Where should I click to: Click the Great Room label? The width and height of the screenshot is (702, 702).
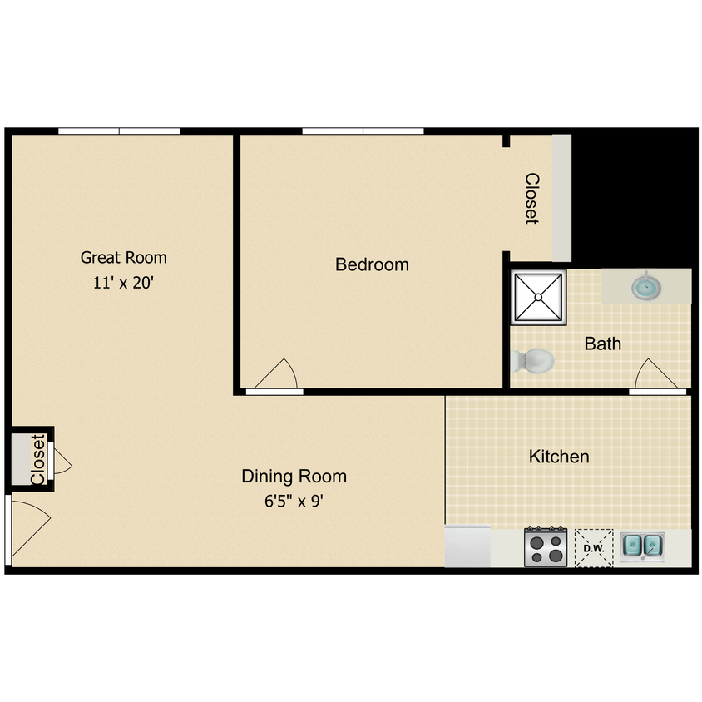[124, 258]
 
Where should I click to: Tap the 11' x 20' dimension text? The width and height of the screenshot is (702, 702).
[124, 283]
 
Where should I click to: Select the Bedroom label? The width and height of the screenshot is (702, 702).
[372, 264]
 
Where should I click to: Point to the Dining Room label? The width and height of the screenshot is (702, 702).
[294, 476]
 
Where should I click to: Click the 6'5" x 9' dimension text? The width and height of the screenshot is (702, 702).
[294, 501]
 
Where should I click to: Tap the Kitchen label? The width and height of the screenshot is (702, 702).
[559, 457]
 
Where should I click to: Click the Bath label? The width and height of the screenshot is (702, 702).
[603, 344]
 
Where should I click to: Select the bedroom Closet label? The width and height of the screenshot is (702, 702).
[531, 198]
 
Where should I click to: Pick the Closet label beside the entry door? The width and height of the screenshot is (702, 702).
[38, 459]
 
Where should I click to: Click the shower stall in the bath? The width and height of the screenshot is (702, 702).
[539, 297]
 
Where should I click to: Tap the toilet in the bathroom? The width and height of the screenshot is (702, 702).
[533, 361]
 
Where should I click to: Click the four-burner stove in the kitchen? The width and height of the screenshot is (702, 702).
[546, 547]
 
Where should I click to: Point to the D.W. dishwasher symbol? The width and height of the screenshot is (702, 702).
[594, 548]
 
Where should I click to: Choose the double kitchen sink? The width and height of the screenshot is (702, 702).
[642, 546]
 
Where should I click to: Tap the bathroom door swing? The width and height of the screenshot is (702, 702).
[656, 374]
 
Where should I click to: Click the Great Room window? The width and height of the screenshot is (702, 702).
[119, 131]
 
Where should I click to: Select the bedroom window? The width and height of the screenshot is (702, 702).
[363, 131]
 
